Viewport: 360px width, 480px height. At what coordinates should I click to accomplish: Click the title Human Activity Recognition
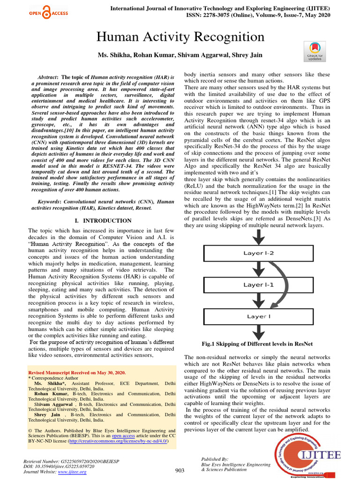(x=180, y=37)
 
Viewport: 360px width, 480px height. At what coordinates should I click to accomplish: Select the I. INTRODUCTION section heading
(x=103, y=221)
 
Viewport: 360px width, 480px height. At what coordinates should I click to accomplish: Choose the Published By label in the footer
(x=214, y=459)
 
